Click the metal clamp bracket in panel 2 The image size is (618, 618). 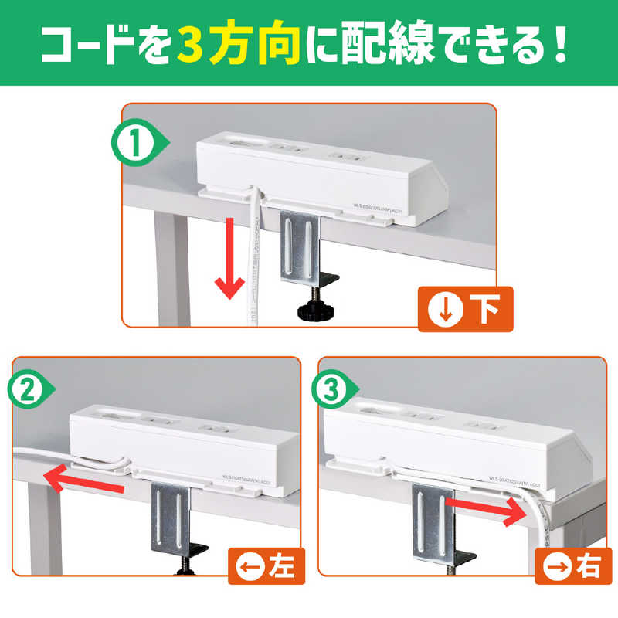pyautogui.click(x=172, y=514)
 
